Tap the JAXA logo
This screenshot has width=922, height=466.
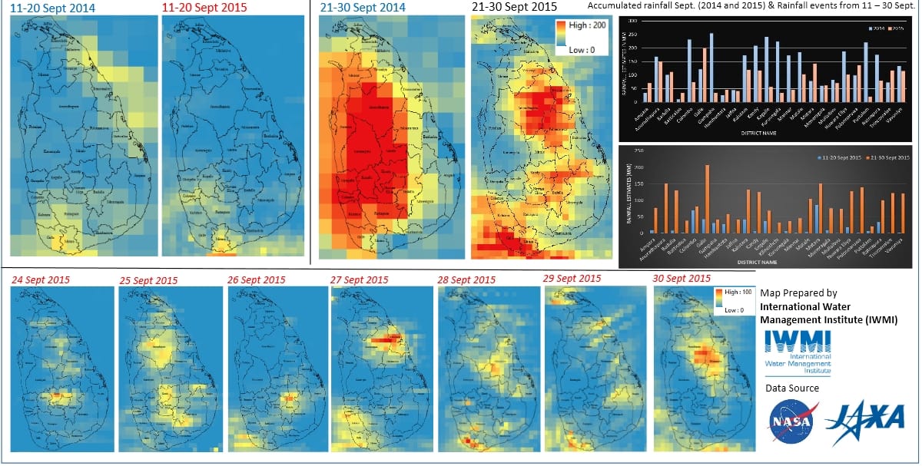coord(864,418)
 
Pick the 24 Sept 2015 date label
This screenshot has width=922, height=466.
coord(44,280)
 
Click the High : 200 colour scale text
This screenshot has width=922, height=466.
coord(589,25)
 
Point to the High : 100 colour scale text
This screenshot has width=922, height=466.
coord(729,292)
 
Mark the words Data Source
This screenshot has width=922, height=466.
coord(792,388)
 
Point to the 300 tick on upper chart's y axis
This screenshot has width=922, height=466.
coord(633,21)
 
